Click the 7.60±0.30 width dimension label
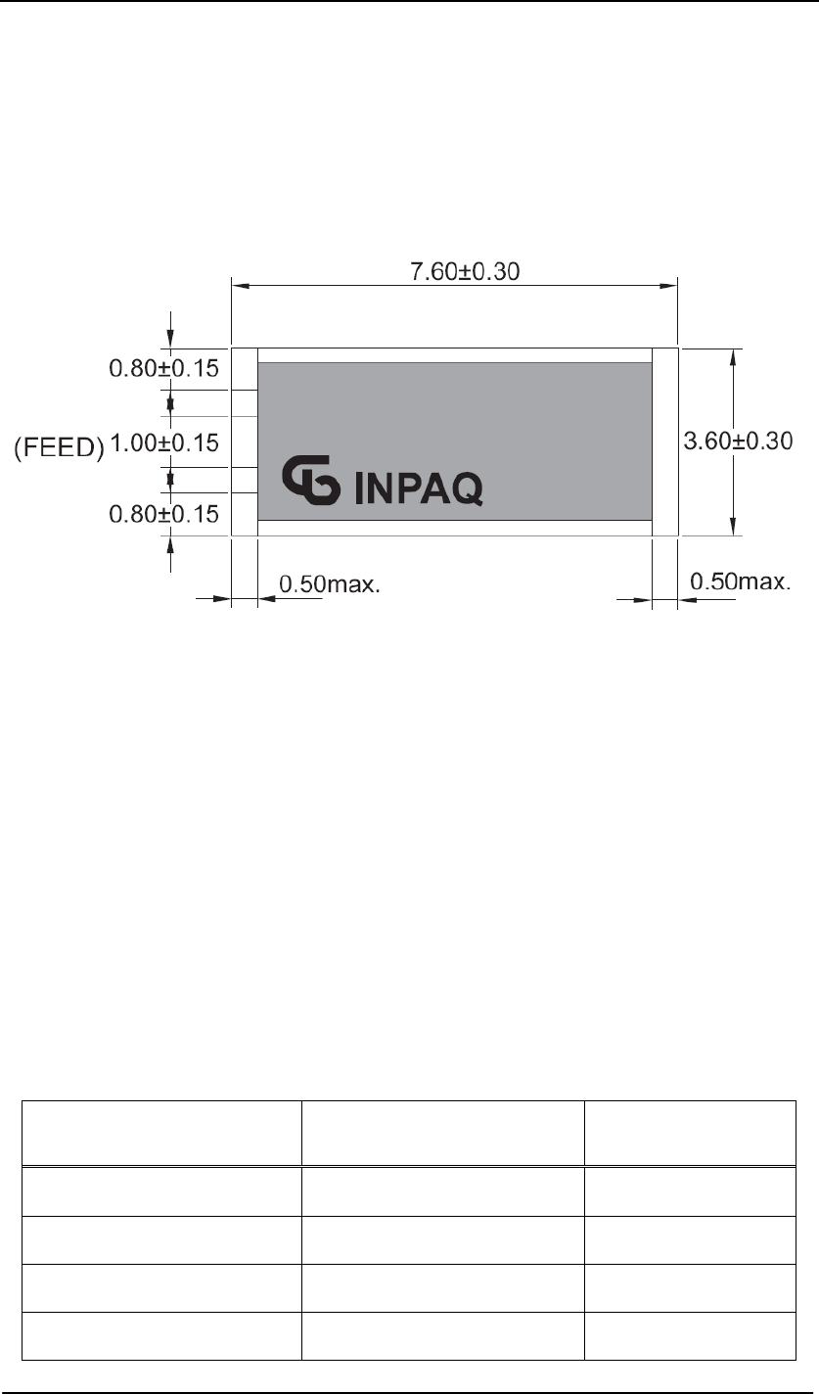pyautogui.click(x=465, y=272)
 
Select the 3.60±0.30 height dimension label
pyautogui.click(x=738, y=441)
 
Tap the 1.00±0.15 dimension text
pyautogui.click(x=164, y=443)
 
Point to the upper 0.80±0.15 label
pyautogui.click(x=164, y=368)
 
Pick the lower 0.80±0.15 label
pyautogui.click(x=164, y=514)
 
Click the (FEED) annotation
pyautogui.click(x=59, y=448)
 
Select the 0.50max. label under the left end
pyautogui.click(x=330, y=584)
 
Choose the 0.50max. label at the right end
pyautogui.click(x=741, y=581)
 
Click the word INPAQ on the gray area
pyautogui.click(x=419, y=489)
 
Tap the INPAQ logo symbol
pyautogui.click(x=311, y=480)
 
